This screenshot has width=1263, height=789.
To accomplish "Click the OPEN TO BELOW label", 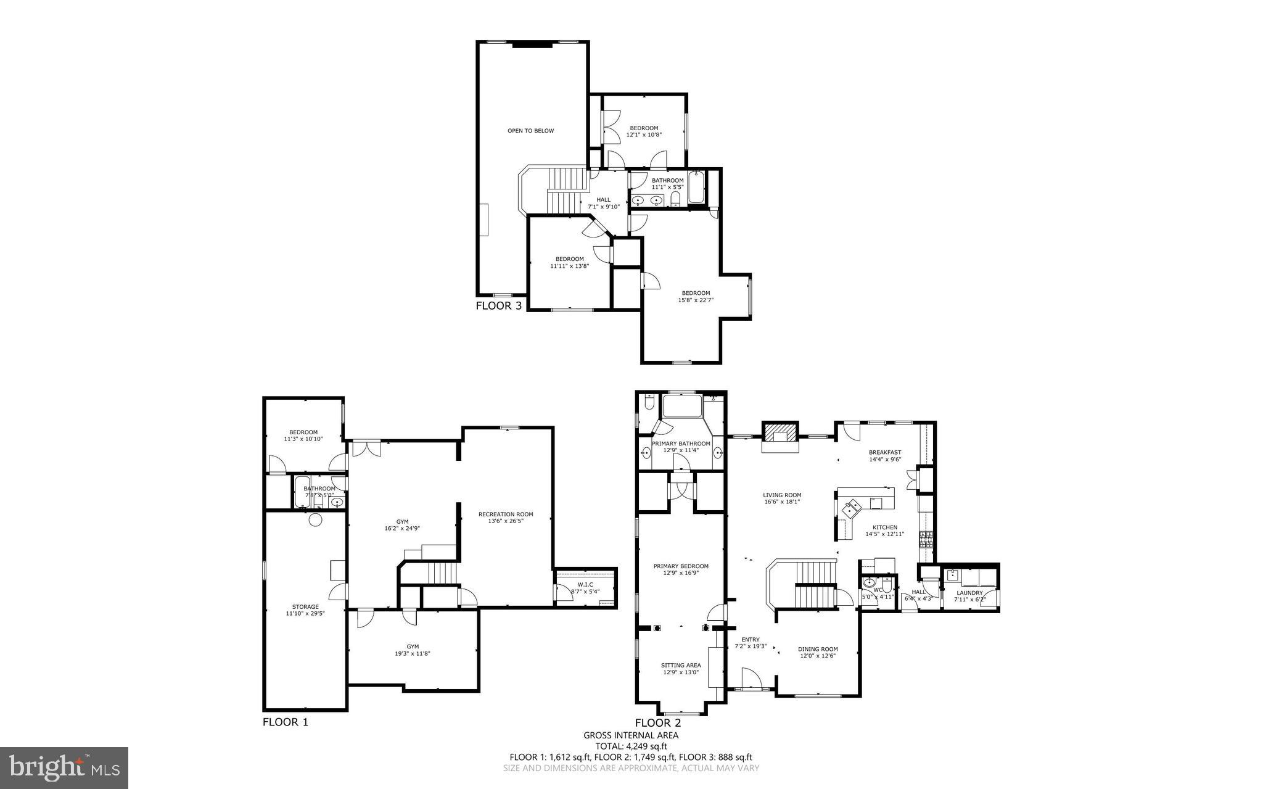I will coord(530,131).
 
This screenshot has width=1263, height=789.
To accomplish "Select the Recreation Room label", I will coord(506,514).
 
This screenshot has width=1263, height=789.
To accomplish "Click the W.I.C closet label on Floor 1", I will coord(585,584).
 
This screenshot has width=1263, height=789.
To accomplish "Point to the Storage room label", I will coord(305,606).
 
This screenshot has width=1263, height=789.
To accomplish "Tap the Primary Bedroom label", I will coord(681,566).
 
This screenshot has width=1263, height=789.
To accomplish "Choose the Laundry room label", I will coord(969,593).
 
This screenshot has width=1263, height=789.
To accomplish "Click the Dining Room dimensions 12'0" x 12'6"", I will coord(818,656).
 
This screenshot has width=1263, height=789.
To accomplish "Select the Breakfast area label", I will coord(884,452).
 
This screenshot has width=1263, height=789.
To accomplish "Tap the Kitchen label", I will coord(884,527).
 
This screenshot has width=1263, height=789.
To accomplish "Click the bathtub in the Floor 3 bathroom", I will coord(696,188).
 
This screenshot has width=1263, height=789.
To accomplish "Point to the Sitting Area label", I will coord(681,665).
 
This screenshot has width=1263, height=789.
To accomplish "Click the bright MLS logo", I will coord(64,768).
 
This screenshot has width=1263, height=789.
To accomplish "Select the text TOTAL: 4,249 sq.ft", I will coord(631,746).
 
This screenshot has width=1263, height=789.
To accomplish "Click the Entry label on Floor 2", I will coord(750,639).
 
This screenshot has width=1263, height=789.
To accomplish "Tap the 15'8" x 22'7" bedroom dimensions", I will coord(695,301).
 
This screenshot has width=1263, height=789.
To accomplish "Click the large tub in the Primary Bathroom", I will coord(681,407).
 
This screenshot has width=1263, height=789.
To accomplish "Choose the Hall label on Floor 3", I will coord(603,199).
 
